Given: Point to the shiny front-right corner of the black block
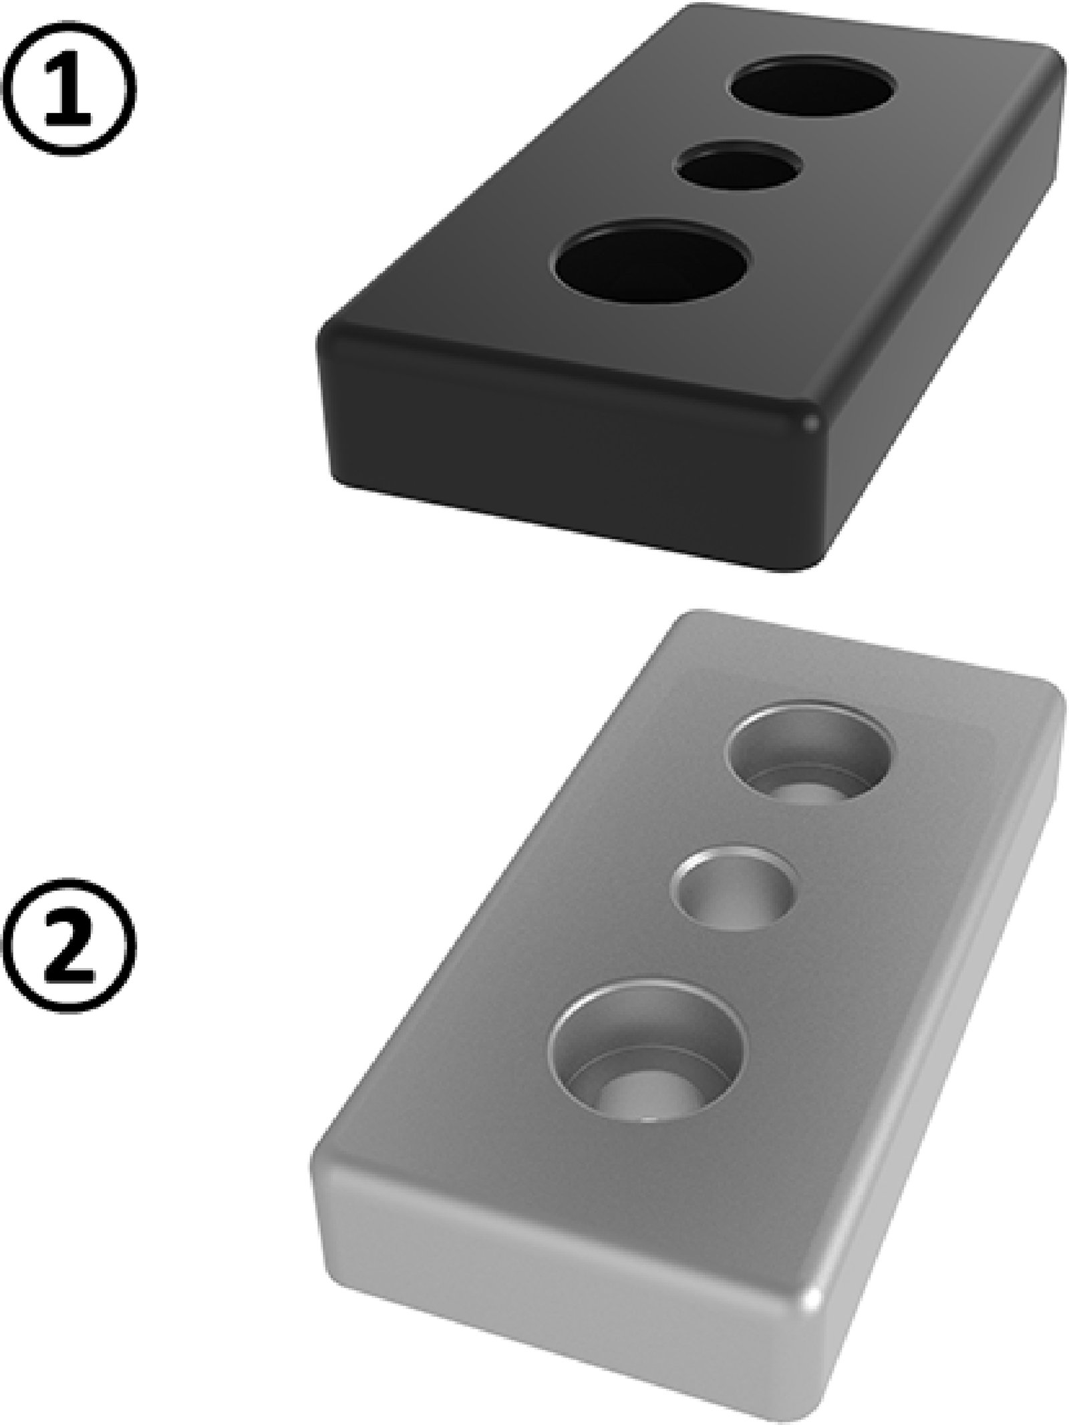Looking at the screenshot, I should (x=810, y=422).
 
